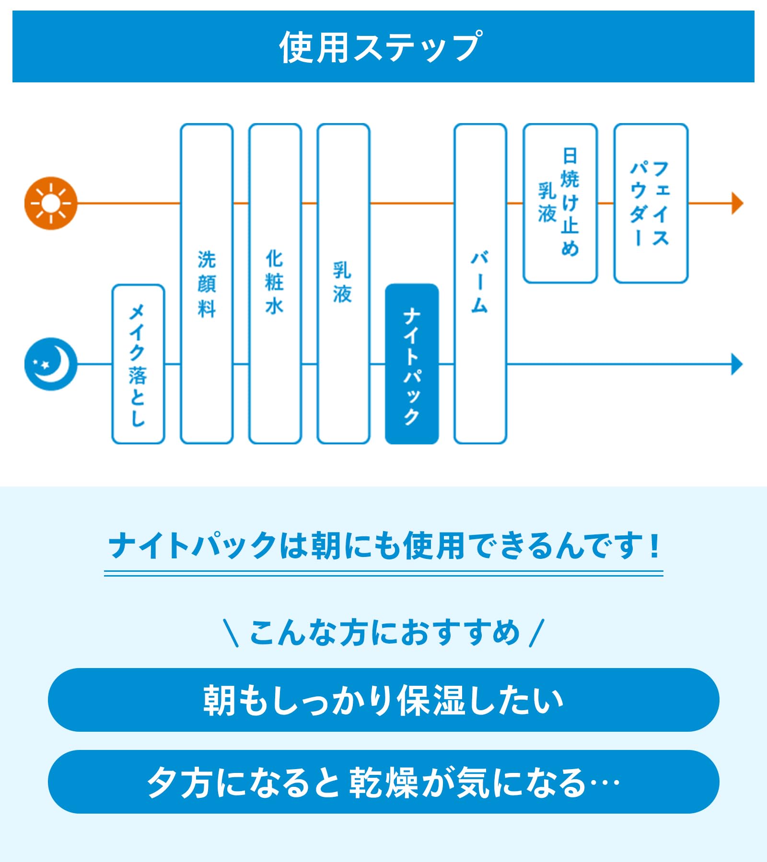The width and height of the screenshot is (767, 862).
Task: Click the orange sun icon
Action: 51,204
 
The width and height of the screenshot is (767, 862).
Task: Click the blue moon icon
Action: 51,364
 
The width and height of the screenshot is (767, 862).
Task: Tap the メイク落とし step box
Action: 138,364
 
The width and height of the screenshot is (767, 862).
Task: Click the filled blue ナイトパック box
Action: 412,364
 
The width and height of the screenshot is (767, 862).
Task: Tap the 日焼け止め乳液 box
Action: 559,204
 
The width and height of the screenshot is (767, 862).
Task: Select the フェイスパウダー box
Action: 651,204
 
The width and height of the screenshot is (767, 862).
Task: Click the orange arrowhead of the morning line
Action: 737,204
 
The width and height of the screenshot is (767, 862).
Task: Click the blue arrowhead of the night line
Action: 737,364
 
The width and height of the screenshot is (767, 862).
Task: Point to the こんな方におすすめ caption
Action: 383,633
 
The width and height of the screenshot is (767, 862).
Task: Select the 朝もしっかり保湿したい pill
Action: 383,700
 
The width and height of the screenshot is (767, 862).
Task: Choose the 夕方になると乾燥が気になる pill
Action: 383,782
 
